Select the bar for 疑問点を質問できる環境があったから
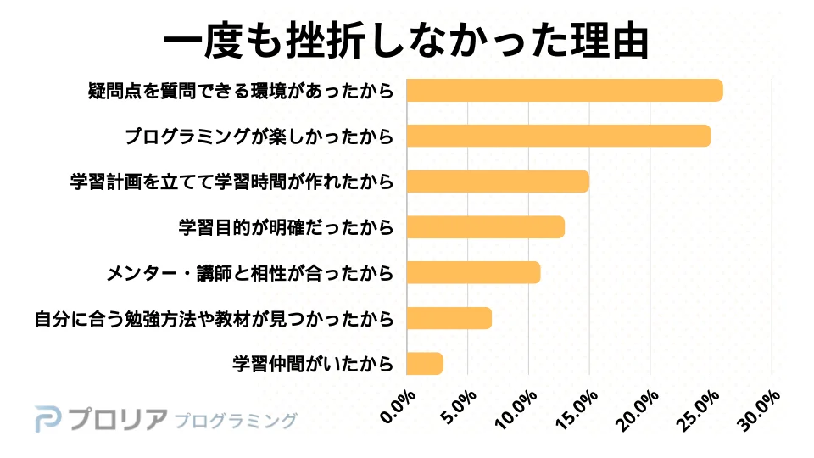pyautogui.click(x=564, y=90)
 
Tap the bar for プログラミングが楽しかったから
pyautogui.click(x=558, y=136)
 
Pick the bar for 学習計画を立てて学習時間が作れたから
pyautogui.click(x=497, y=182)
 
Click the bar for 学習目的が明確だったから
pyautogui.click(x=485, y=227)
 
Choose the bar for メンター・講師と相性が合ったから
pyautogui.click(x=473, y=273)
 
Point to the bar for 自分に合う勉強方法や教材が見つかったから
pyautogui.click(x=449, y=318)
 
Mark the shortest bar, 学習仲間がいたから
pyautogui.click(x=425, y=364)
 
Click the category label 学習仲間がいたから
pyautogui.click(x=313, y=364)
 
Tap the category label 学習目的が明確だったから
pyautogui.click(x=286, y=227)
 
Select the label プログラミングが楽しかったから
pyautogui.click(x=259, y=136)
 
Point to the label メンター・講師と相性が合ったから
pyautogui.click(x=250, y=273)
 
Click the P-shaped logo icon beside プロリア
pyautogui.click(x=48, y=420)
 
